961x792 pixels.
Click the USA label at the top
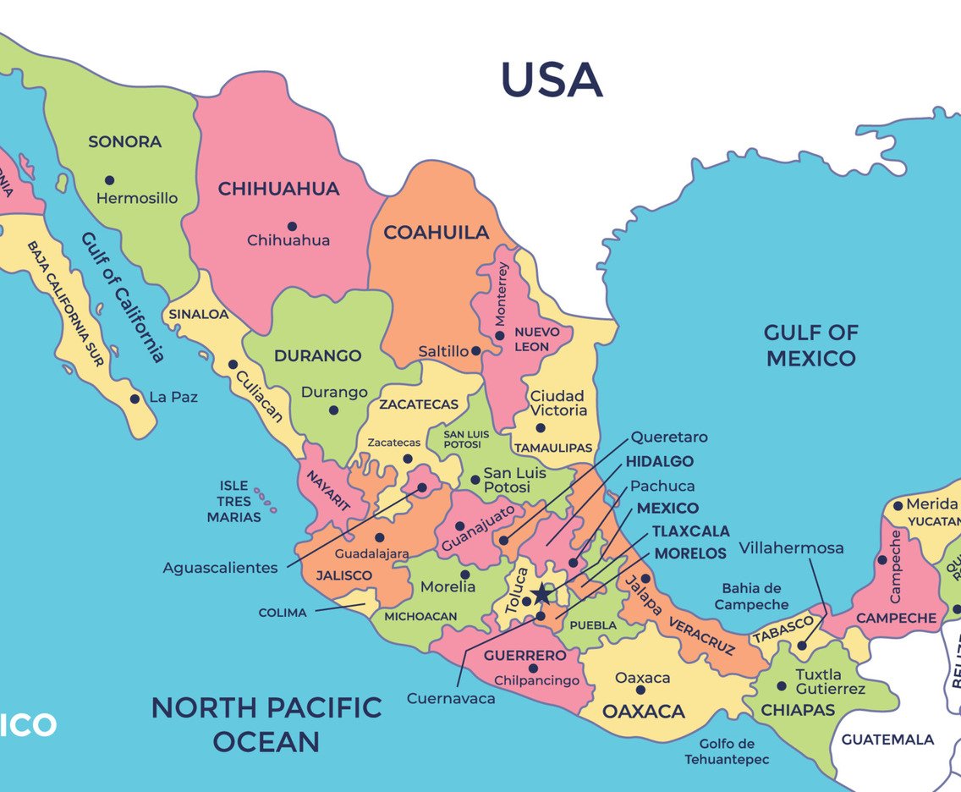pyautogui.click(x=552, y=80)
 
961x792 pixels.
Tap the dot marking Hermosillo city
pyautogui.click(x=109, y=179)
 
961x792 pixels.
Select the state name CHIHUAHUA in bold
pyautogui.click(x=278, y=189)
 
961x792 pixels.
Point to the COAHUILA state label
pyautogui.click(x=437, y=232)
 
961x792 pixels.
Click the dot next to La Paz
pyautogui.click(x=135, y=398)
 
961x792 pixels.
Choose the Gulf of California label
pyautogui.click(x=123, y=296)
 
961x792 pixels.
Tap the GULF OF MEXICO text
pyautogui.click(x=810, y=345)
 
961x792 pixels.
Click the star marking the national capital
pyautogui.click(x=541, y=595)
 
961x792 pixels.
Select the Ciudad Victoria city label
pyautogui.click(x=557, y=403)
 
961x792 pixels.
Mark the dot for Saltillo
pyautogui.click(x=476, y=350)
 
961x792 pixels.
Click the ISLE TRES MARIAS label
pyautogui.click(x=233, y=501)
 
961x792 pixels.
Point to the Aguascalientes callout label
pyautogui.click(x=220, y=568)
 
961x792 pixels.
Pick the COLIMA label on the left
pyautogui.click(x=283, y=613)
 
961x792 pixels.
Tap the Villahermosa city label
pyautogui.click(x=791, y=547)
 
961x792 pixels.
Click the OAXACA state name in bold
pyautogui.click(x=643, y=712)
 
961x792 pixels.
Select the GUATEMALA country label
pyautogui.click(x=887, y=740)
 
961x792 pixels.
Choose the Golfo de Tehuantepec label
pyautogui.click(x=727, y=751)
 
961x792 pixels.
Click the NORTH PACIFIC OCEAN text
pyautogui.click(x=266, y=724)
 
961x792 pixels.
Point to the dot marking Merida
pyautogui.click(x=898, y=506)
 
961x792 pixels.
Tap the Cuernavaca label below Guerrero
pyautogui.click(x=451, y=698)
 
